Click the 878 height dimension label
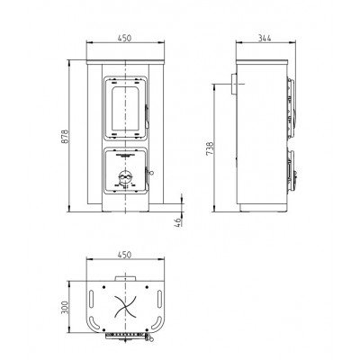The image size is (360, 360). coord(65,137)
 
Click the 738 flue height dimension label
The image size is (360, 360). coord(210,148)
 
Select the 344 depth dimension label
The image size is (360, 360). coord(265,38)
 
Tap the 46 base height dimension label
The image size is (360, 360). coord(178,222)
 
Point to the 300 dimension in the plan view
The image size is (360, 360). coord(65,307)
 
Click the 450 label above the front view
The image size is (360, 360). coord(124,38)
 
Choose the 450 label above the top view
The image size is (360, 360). coord(124,255)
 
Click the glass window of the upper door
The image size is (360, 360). coord(125,109)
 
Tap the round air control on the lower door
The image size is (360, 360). coord(125,177)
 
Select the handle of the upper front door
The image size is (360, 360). coord(147,116)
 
